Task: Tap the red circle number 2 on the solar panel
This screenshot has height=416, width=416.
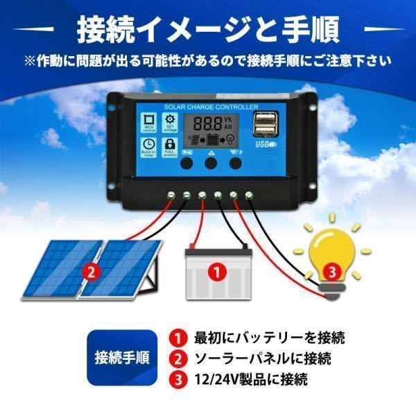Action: [89, 272]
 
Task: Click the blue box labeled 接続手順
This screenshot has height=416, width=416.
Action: [122, 358]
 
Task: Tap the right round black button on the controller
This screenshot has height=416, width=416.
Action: [237, 164]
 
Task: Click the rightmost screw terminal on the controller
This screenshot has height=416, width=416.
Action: [250, 195]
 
